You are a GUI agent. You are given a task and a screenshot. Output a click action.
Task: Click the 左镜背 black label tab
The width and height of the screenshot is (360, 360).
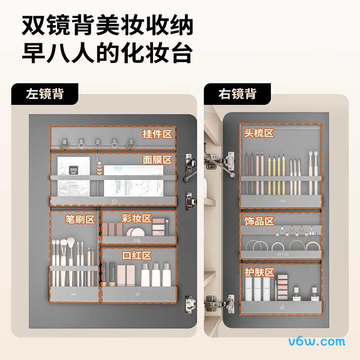[45, 94]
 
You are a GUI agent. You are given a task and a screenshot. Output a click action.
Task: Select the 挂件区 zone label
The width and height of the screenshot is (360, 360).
[157, 134]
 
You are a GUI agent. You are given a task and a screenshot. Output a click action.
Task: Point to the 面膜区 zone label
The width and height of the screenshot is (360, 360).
[157, 160]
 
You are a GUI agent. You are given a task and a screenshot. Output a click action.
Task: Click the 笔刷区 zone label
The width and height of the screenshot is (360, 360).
[80, 219]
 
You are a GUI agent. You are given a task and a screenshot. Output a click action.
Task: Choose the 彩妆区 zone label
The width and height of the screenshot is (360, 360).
[136, 218]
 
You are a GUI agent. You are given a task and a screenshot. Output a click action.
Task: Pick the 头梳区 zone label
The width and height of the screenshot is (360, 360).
[259, 133]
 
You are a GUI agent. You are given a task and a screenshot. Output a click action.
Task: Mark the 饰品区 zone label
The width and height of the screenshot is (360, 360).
[259, 221]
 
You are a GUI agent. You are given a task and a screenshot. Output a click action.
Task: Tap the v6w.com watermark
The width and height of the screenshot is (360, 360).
[317, 342]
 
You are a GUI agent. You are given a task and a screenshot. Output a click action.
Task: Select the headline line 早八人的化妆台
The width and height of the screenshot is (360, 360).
[108, 53]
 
